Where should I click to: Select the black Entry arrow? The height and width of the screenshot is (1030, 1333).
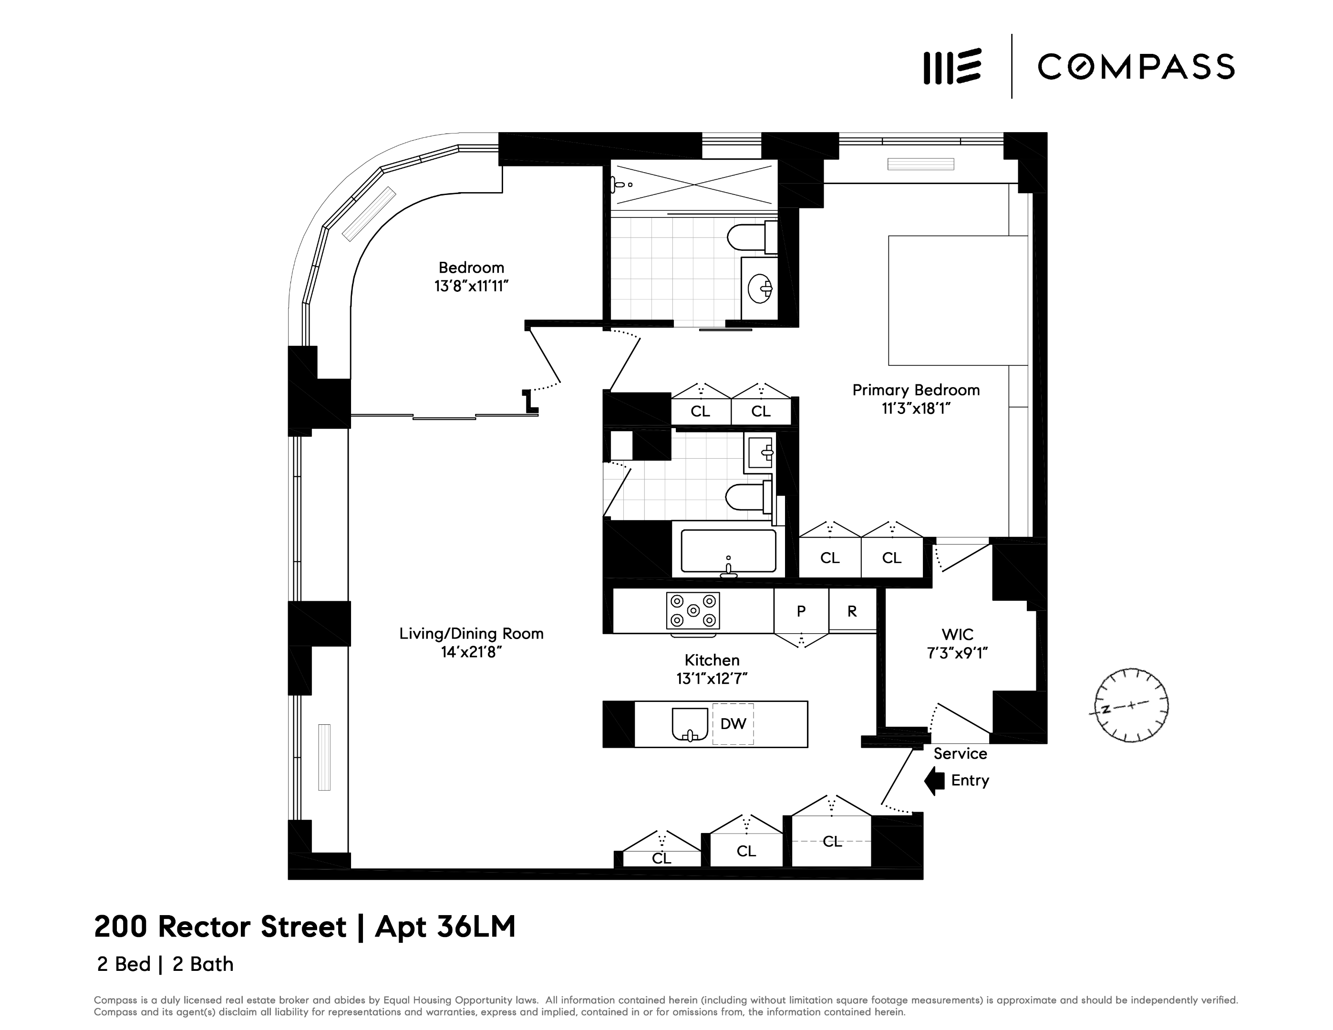point(934,781)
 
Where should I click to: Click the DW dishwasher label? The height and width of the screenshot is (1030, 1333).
point(733,724)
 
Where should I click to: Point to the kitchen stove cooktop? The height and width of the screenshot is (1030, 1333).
point(693,610)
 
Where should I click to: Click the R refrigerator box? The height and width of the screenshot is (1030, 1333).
point(852,611)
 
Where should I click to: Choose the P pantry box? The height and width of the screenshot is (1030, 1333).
point(801,611)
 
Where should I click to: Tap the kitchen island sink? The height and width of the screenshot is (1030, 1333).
point(690,724)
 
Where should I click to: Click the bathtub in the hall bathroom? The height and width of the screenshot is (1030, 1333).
point(728,550)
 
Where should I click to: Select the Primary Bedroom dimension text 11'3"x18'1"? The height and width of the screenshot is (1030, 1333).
point(916,409)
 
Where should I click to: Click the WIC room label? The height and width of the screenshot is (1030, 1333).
point(957,634)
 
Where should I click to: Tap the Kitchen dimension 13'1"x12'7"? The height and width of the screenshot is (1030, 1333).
point(712,679)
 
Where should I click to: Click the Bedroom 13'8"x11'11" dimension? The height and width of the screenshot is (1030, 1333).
point(471,286)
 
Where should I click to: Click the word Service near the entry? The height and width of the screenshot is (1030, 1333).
point(960,753)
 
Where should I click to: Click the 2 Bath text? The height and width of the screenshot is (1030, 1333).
point(203,964)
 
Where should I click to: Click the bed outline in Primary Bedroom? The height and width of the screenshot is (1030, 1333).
point(957,300)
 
